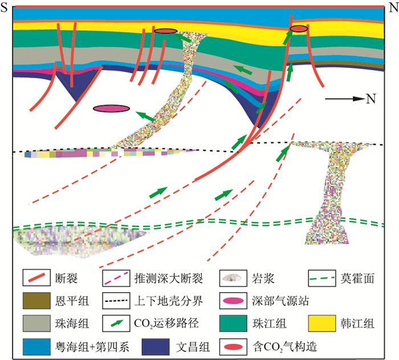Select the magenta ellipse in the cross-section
click(112, 108)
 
